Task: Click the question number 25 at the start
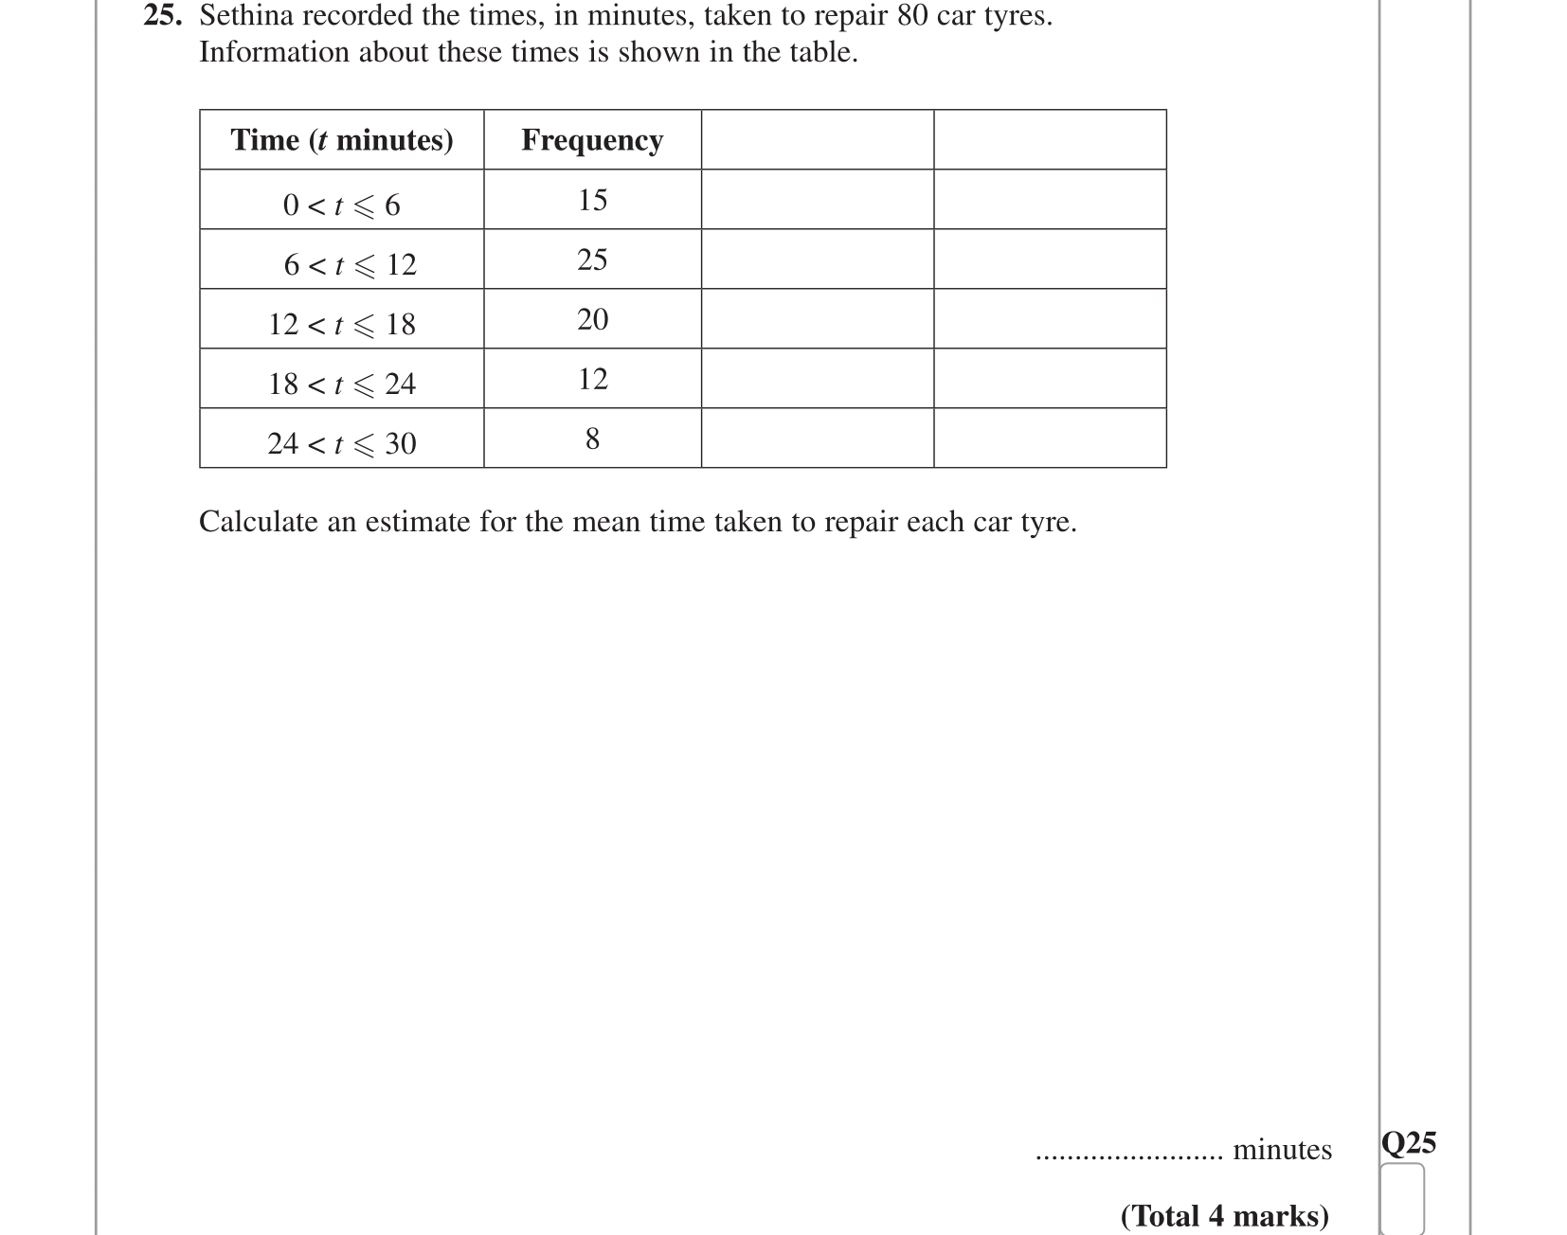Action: pyautogui.click(x=161, y=16)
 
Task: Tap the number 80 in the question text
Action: pyautogui.click(x=911, y=16)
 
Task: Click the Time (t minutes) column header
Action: pyautogui.click(x=341, y=140)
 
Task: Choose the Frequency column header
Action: pyautogui.click(x=592, y=140)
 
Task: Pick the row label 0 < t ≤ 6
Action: pyautogui.click(x=341, y=205)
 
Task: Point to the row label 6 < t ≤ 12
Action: pyautogui.click(x=350, y=264)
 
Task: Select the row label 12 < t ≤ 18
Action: pyautogui.click(x=341, y=324)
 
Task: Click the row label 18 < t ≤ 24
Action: pyautogui.click(x=341, y=384)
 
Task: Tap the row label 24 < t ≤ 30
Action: pyautogui.click(x=341, y=443)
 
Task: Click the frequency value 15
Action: pyautogui.click(x=592, y=200)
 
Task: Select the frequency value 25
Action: pyautogui.click(x=592, y=260)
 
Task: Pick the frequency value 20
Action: pyautogui.click(x=592, y=319)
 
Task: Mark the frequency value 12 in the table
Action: pyautogui.click(x=592, y=379)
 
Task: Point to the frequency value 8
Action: pyautogui.click(x=592, y=439)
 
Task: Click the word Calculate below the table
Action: pyautogui.click(x=258, y=522)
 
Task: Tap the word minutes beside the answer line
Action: pyautogui.click(x=1282, y=1150)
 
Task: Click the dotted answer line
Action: pyautogui.click(x=1128, y=1155)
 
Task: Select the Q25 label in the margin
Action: pyautogui.click(x=1409, y=1143)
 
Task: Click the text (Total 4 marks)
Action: pyautogui.click(x=1224, y=1215)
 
